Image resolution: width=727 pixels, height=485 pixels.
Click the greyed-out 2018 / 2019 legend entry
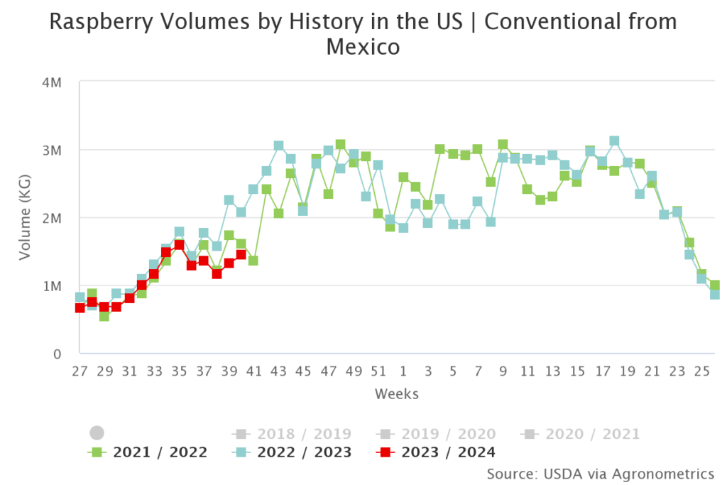pos(292,434)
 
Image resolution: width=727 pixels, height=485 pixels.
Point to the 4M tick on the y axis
pos(53,82)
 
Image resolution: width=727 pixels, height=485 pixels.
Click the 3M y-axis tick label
pos(53,151)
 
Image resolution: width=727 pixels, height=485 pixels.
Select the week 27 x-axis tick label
pos(80,371)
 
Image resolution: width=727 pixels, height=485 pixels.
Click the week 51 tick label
pos(378,371)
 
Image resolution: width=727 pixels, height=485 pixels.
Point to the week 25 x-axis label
pos(701,371)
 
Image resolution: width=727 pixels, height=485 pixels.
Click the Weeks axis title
pos(397,393)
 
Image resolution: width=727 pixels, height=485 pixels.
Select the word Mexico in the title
pos(363,48)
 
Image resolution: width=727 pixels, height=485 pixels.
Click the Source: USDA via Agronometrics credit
pos(601,473)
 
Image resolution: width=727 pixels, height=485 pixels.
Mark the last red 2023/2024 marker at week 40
pos(241,254)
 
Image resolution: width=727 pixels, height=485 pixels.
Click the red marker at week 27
pos(80,307)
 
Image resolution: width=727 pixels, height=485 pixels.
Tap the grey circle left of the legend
pos(97,432)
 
